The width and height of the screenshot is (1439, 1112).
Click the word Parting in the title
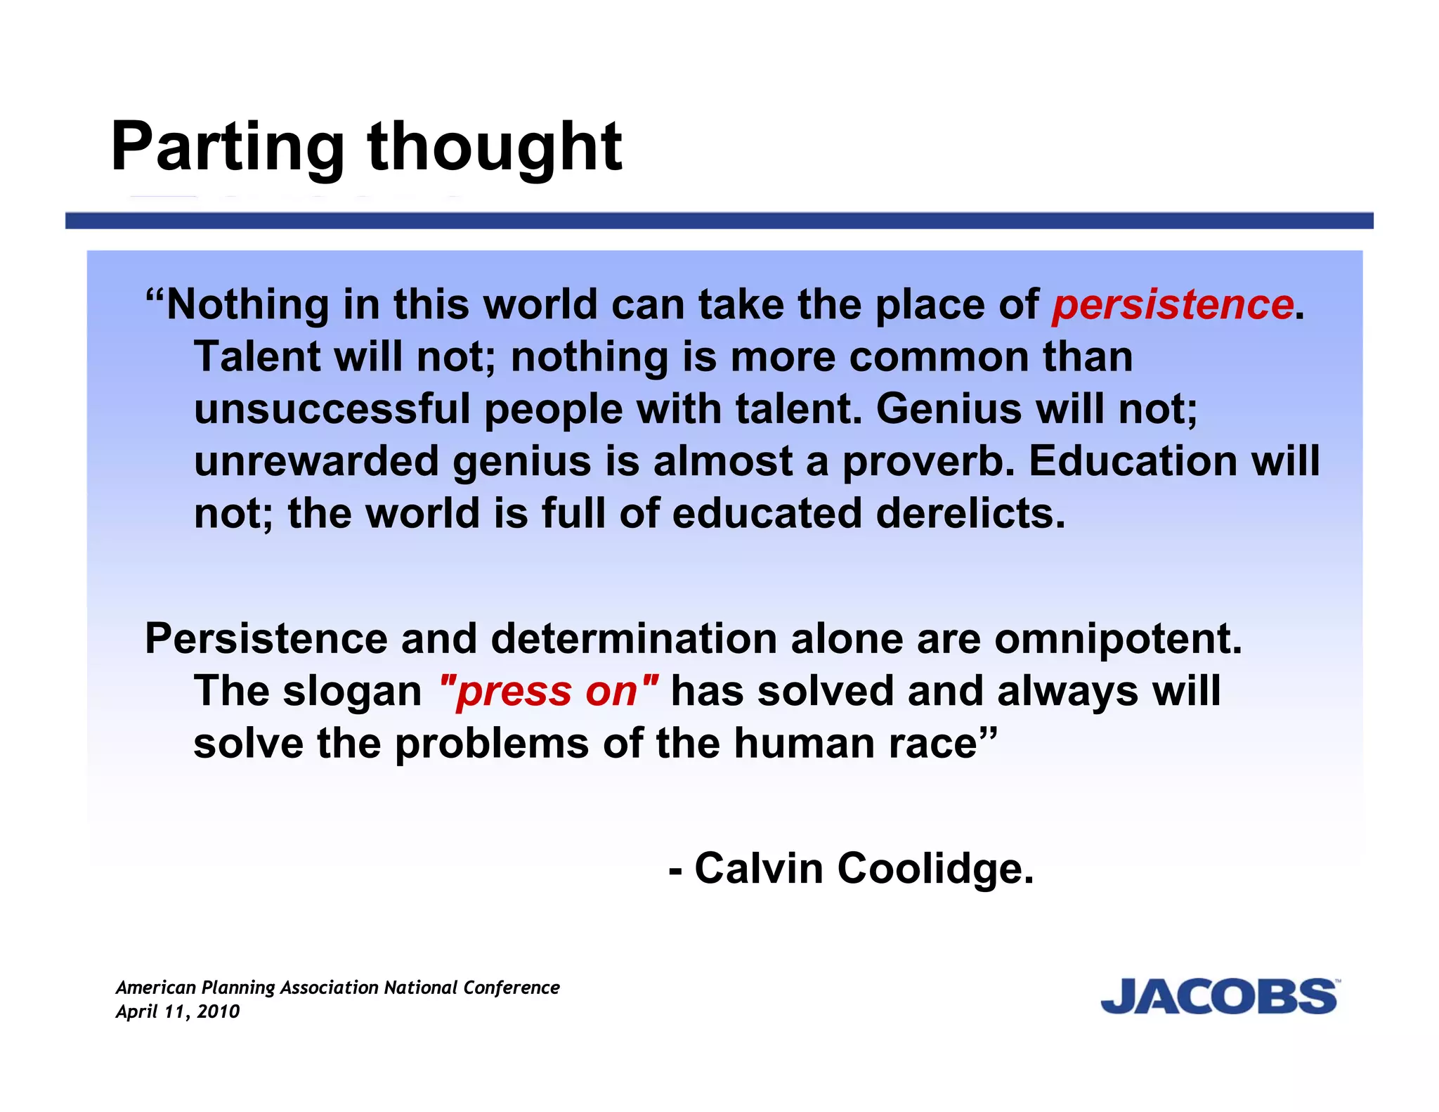pos(227,148)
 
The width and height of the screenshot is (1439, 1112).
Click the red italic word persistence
pos(1172,305)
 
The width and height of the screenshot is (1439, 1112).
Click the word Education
pos(1133,461)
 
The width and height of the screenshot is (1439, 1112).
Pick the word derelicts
pos(970,513)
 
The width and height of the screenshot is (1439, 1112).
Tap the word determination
pos(634,639)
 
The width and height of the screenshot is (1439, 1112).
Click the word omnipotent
pos(1118,639)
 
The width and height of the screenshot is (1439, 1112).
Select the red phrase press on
pos(547,692)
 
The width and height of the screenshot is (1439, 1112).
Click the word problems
pos(492,744)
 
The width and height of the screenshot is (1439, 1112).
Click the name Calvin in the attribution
pos(759,868)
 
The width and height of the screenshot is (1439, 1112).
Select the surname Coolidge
pos(935,868)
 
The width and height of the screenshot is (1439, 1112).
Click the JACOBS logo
pos(1219,996)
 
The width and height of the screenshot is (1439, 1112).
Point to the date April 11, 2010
pos(178,1011)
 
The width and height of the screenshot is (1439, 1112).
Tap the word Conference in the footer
pos(512,988)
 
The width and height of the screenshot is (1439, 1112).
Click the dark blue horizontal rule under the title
pos(719,221)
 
